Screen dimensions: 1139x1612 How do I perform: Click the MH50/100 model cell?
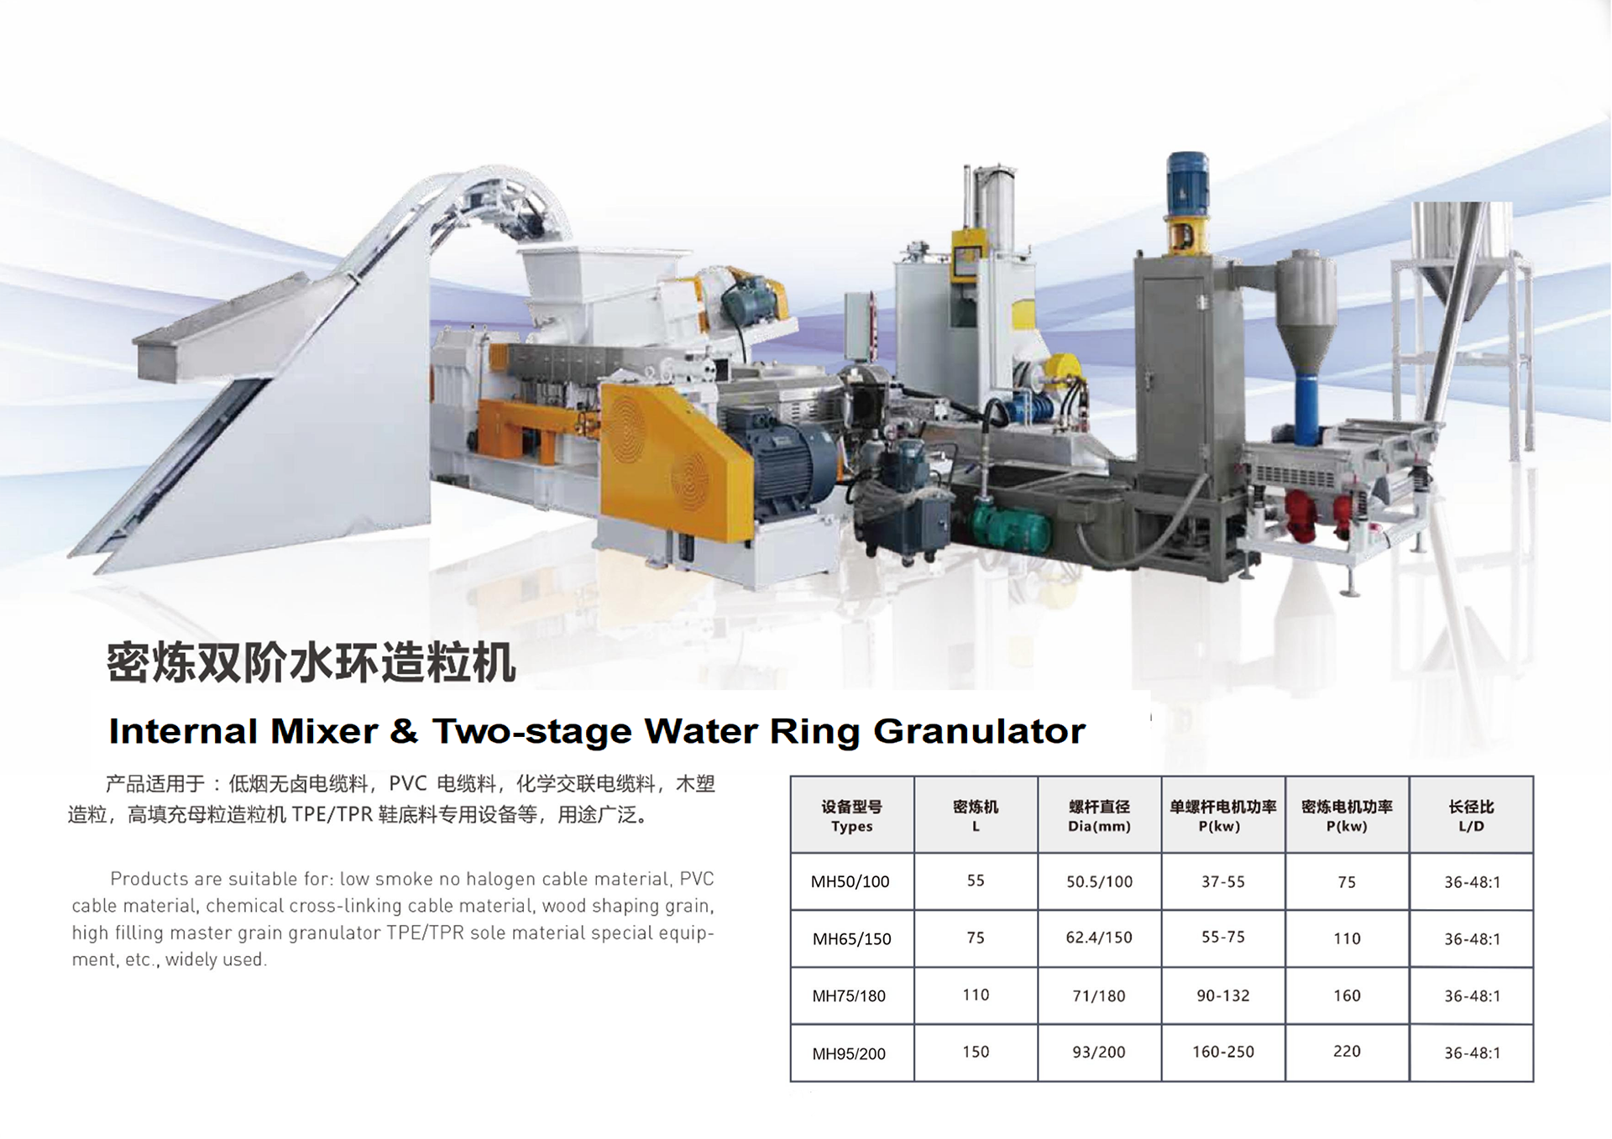(x=850, y=881)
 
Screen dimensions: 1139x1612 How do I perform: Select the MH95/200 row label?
(x=849, y=1053)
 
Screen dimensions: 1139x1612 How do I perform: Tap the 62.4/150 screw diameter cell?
(x=1098, y=938)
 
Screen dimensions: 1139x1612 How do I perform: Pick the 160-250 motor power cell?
(x=1222, y=1052)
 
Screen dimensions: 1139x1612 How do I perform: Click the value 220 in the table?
(x=1346, y=1051)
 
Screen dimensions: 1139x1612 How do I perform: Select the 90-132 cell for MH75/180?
(x=1222, y=995)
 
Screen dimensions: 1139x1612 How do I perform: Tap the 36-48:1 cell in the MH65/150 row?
(x=1472, y=938)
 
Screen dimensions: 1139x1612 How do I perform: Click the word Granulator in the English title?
(x=979, y=731)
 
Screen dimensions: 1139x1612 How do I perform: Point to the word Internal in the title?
(x=183, y=731)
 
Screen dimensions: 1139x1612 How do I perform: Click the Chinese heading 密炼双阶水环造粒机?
(x=311, y=662)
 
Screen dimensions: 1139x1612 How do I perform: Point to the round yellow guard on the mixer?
(x=1065, y=368)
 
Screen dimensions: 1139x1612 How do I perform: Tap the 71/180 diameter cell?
(x=1098, y=995)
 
